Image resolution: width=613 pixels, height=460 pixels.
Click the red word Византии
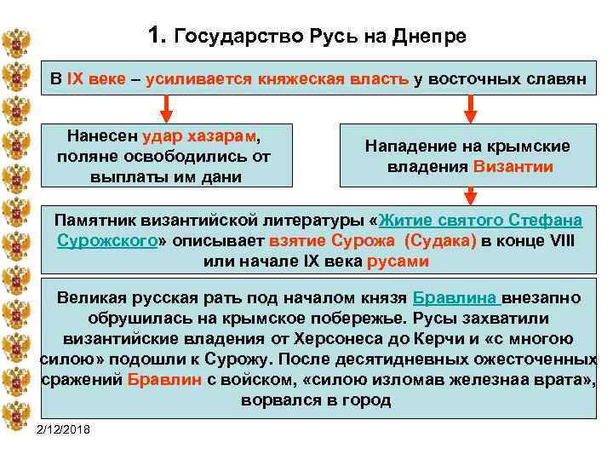point(514,167)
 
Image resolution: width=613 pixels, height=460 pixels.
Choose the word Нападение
point(406,147)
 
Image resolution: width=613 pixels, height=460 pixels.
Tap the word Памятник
point(95,220)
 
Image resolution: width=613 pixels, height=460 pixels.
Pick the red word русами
point(398,261)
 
